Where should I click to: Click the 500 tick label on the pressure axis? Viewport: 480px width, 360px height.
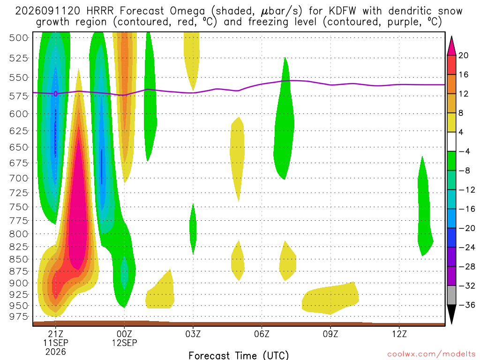coord(18,38)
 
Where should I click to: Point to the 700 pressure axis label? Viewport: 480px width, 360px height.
coord(18,178)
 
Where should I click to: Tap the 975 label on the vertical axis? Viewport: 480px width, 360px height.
coord(18,316)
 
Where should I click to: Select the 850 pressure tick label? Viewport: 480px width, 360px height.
coord(18,259)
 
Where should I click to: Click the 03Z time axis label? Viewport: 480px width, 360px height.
coord(193,334)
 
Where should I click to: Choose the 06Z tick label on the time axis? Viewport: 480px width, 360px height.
coord(262,334)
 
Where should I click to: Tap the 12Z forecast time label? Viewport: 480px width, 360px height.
coord(399,334)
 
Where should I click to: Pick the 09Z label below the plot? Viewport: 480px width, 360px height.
coord(330,334)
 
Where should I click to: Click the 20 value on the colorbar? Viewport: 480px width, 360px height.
coord(464,55)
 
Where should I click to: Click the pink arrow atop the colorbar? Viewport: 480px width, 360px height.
coord(451,46)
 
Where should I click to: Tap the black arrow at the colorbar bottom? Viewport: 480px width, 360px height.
coord(451,314)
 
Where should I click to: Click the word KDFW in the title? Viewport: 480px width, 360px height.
coord(343,11)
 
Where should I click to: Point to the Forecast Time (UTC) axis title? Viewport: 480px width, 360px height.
coord(239,355)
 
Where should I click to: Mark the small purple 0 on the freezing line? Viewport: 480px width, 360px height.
coord(56,94)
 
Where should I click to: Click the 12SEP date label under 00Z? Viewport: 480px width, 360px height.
coord(124,343)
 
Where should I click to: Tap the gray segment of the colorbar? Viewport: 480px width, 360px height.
coord(451,295)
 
